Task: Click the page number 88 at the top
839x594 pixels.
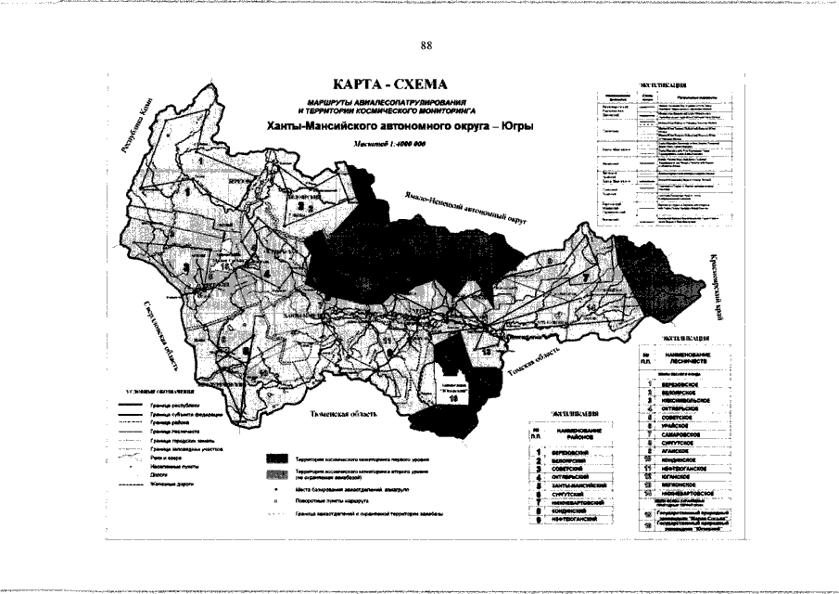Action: pos(426,45)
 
